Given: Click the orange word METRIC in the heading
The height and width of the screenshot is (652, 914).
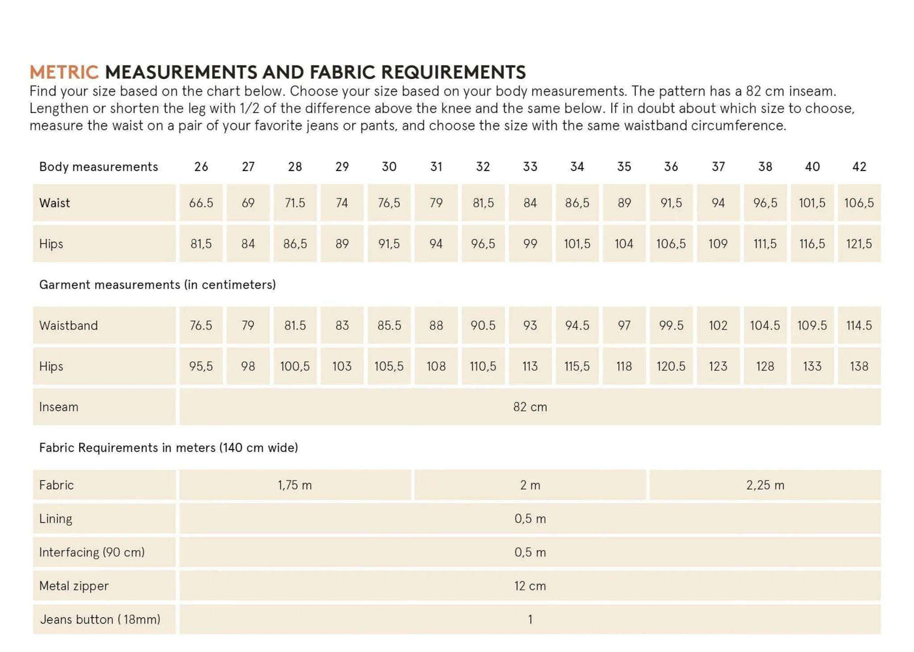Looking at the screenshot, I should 64,72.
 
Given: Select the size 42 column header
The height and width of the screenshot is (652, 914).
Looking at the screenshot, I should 859,167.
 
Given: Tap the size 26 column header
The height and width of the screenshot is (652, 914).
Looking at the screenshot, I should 201,167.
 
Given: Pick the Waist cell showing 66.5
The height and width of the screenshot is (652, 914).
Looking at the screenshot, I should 201,203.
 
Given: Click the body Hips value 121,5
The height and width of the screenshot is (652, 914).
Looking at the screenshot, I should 859,244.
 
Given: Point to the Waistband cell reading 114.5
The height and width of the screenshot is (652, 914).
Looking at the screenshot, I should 859,325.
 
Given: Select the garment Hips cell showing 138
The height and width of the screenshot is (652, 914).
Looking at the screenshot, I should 859,367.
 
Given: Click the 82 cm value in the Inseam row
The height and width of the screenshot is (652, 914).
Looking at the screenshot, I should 530,407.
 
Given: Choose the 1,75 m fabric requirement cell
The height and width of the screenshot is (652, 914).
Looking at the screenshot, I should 295,485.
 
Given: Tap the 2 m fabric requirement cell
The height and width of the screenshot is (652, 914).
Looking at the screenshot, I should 530,485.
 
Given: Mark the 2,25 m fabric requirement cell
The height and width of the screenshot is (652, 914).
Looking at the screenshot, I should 765,485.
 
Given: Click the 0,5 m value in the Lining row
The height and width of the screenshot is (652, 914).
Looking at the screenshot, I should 530,519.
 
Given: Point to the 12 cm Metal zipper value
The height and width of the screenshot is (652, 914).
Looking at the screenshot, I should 530,586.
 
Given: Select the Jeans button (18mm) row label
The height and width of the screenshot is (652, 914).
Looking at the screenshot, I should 100,619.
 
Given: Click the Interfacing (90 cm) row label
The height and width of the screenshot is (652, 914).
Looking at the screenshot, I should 92,552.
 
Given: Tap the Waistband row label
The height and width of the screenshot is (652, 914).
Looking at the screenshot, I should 69,325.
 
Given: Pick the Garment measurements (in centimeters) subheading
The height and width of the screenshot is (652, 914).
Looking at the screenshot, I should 157,285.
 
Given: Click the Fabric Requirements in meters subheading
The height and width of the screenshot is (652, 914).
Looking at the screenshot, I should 168,448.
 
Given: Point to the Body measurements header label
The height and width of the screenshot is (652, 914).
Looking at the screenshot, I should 99,167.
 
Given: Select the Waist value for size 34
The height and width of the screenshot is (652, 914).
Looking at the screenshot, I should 577,203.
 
